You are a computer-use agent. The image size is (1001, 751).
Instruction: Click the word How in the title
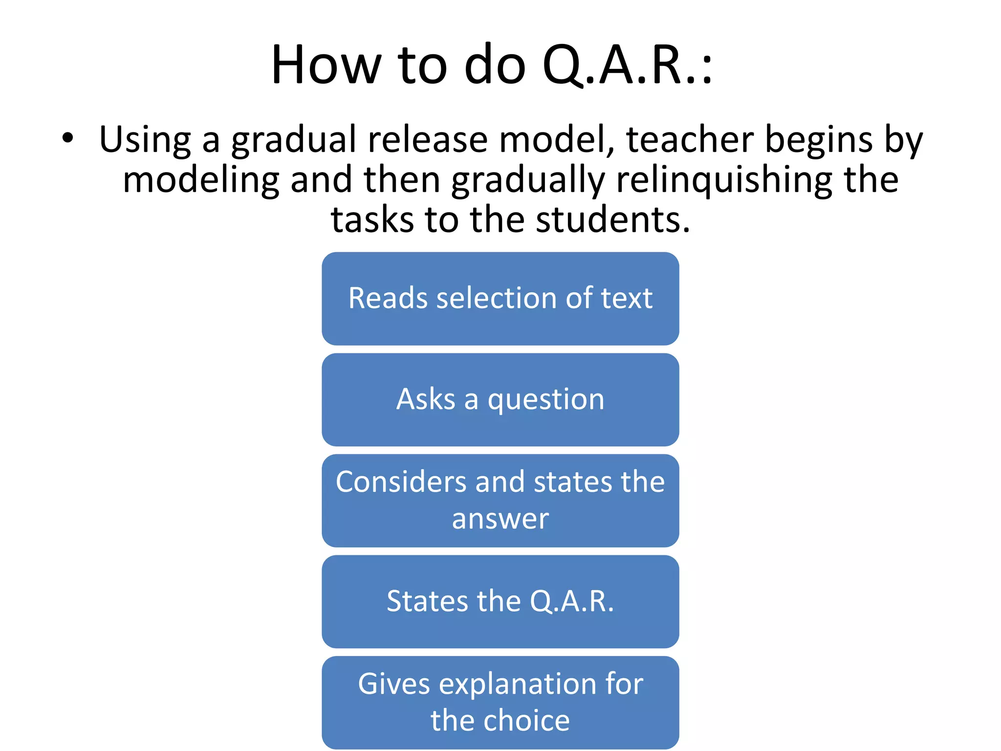coord(326,66)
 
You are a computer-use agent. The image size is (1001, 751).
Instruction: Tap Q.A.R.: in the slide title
coord(627,66)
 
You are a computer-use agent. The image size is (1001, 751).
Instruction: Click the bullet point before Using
coord(67,138)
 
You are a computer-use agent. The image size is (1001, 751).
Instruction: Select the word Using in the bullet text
coord(145,140)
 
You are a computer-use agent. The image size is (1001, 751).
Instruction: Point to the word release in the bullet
coord(428,140)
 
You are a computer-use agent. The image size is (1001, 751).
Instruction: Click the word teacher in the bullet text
coord(690,140)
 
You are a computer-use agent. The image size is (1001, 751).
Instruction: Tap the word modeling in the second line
coord(201,180)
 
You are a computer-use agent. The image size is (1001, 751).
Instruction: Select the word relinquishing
coord(724,180)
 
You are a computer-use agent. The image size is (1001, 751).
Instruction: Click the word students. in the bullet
coord(613,220)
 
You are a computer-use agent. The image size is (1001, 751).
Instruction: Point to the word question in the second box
coord(546,400)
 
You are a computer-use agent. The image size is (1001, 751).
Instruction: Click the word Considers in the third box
coord(401,482)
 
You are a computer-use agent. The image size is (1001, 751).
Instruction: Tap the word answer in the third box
coord(500,519)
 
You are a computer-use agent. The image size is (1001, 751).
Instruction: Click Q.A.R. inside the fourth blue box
coord(571,601)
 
